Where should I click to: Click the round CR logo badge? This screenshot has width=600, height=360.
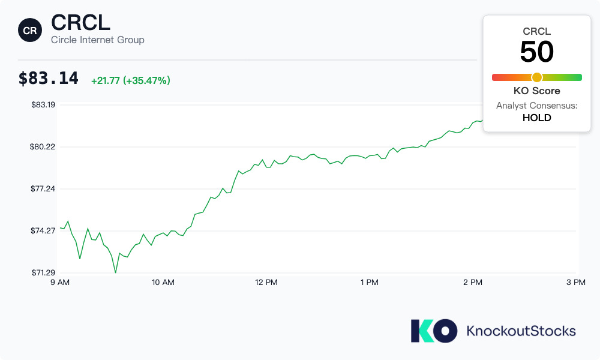(x=30, y=30)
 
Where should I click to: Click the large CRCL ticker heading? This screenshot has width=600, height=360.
(x=80, y=23)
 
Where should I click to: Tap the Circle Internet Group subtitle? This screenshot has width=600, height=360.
(x=97, y=40)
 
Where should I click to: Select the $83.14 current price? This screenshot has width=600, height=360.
(x=49, y=79)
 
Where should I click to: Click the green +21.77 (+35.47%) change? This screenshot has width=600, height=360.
(x=130, y=80)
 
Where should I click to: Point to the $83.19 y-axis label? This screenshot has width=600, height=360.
(x=43, y=104)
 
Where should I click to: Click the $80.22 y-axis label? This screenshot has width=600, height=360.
(x=43, y=146)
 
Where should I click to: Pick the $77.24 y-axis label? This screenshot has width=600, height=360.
(x=43, y=188)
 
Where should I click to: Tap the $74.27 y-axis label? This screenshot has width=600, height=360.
(x=43, y=230)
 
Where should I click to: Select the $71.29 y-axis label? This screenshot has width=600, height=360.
(x=43, y=272)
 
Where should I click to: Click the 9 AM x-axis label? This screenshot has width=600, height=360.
(x=60, y=282)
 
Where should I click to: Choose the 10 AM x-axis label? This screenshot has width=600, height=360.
(x=163, y=282)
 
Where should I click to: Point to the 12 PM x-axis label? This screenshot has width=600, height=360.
(x=266, y=282)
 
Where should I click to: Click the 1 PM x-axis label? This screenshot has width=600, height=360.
(x=370, y=282)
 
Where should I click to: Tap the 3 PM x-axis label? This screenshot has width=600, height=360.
(x=576, y=282)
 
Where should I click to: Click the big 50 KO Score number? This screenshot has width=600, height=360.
(x=536, y=52)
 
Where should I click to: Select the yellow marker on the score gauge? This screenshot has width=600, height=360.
(x=537, y=77)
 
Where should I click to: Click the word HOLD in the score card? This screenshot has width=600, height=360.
(x=536, y=118)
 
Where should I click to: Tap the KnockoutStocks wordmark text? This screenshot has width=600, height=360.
(x=521, y=331)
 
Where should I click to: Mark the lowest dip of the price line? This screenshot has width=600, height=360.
(x=116, y=272)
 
